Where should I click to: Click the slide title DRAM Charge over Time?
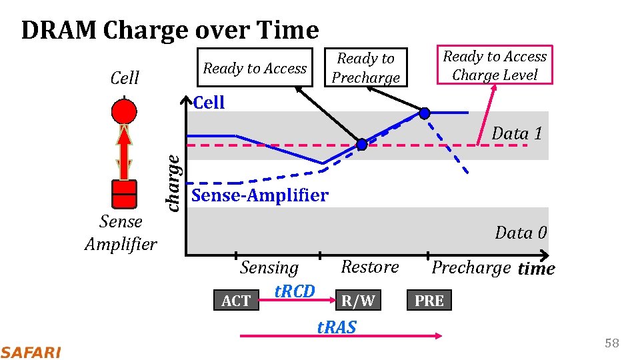pyautogui.click(x=170, y=30)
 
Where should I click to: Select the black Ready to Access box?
pyautogui.click(x=255, y=68)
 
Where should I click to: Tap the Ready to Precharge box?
pyautogui.click(x=365, y=68)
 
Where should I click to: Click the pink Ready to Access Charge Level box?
pyautogui.click(x=495, y=65)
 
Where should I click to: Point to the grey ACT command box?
pyautogui.click(x=235, y=301)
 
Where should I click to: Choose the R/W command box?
pyautogui.click(x=358, y=301)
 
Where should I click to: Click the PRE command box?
pyautogui.click(x=429, y=301)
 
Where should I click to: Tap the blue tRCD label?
pyautogui.click(x=294, y=291)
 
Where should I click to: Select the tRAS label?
pyautogui.click(x=337, y=327)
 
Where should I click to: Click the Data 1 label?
pyautogui.click(x=517, y=133)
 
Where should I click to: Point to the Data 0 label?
pyautogui.click(x=521, y=233)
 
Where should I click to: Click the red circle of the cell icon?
pyautogui.click(x=124, y=110)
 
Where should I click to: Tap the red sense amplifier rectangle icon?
pyautogui.click(x=124, y=194)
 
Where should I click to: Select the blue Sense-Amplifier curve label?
pyautogui.click(x=259, y=195)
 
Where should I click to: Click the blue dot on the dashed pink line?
pyautogui.click(x=361, y=144)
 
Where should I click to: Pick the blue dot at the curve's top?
pyautogui.click(x=423, y=113)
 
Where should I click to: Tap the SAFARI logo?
pyautogui.click(x=31, y=352)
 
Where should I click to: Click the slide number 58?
pyautogui.click(x=611, y=343)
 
